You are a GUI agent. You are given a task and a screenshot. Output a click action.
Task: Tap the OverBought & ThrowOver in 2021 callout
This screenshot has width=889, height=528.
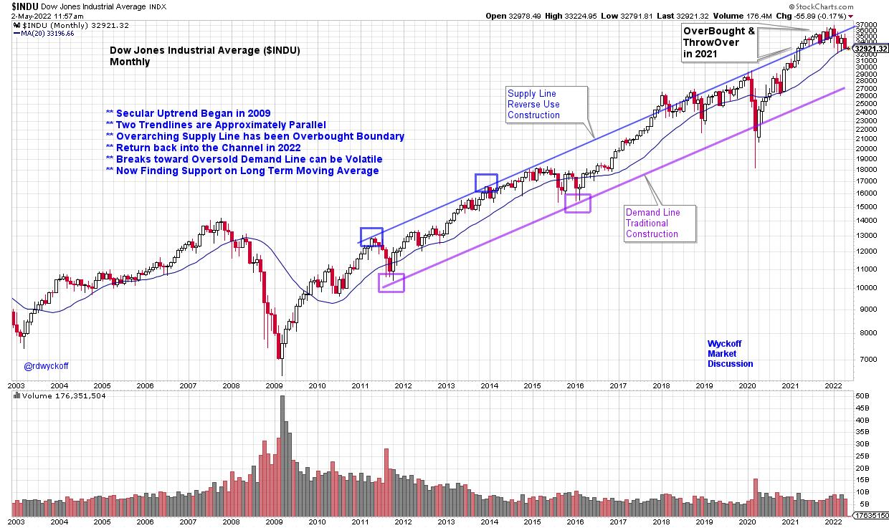tap(718, 42)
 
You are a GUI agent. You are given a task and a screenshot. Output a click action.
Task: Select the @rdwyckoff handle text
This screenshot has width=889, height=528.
tap(47, 365)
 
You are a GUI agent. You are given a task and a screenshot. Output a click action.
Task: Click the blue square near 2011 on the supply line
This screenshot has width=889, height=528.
tap(371, 237)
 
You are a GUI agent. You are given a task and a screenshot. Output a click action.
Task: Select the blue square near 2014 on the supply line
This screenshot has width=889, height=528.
tap(486, 183)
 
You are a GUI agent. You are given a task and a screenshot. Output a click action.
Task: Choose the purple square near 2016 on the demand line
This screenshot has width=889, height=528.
tap(577, 203)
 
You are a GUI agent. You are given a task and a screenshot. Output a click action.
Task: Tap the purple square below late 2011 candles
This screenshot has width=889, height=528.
tap(391, 282)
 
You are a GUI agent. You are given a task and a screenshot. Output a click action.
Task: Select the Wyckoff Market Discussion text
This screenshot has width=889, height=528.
tap(730, 353)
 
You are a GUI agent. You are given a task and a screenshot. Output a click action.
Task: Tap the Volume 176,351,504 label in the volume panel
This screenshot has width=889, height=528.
tap(63, 395)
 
